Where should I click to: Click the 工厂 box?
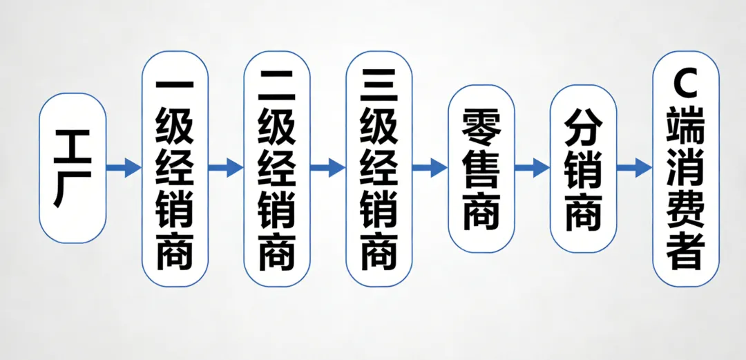tap(73, 168)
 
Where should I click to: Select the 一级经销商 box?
tap(175, 168)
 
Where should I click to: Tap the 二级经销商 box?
tap(277, 168)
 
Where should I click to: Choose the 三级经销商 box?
tap(379, 168)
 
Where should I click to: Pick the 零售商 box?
tap(481, 168)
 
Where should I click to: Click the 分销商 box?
tap(584, 168)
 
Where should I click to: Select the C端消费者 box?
tap(686, 168)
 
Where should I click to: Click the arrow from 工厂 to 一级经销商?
tap(124, 167)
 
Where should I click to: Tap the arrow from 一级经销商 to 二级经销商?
tap(226, 167)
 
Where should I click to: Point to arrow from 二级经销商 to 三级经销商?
tap(328, 167)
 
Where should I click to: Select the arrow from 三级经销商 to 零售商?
tap(430, 167)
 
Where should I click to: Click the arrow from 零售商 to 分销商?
tap(533, 167)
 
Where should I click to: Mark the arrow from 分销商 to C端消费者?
tap(635, 167)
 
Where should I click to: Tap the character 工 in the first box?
tap(73, 146)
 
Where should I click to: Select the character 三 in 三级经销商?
tap(379, 86)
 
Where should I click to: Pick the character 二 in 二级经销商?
tap(277, 86)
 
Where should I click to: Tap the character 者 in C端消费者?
tap(686, 252)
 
